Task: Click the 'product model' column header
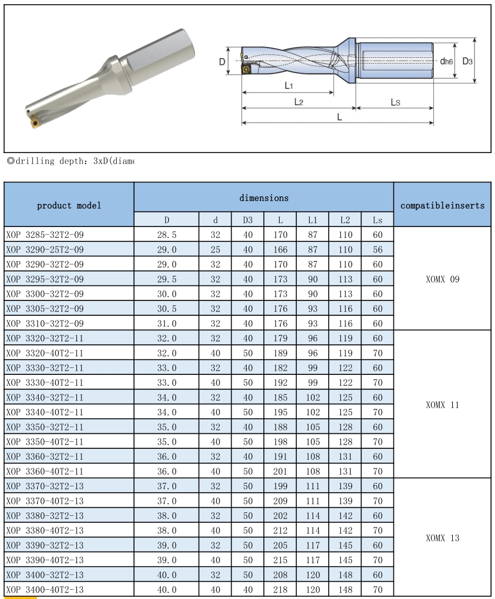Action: [69, 205]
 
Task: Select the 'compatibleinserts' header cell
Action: [442, 205]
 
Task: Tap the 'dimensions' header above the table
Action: [264, 198]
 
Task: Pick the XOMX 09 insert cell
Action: [442, 279]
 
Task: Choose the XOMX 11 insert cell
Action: [442, 405]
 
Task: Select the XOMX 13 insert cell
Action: [442, 538]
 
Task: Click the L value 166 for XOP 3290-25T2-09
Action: [280, 250]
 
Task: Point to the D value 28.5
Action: [167, 235]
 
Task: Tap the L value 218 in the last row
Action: [280, 590]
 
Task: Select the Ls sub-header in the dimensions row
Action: [377, 220]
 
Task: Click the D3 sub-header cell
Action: [248, 220]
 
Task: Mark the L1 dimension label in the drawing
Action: [289, 86]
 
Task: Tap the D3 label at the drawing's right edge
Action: [467, 61]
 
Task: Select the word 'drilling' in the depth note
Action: [36, 161]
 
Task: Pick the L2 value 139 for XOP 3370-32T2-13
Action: [345, 486]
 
